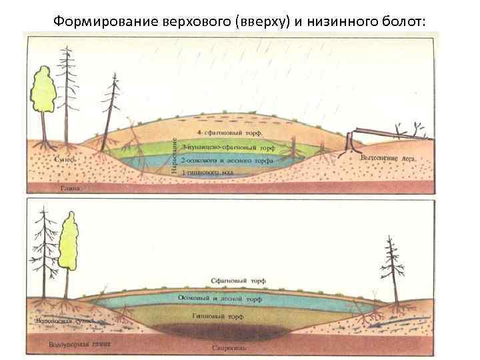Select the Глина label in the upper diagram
coord(70,189)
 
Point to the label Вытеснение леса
coord(387,159)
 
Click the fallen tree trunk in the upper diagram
coord(383,133)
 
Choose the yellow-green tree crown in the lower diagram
coord(69,241)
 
